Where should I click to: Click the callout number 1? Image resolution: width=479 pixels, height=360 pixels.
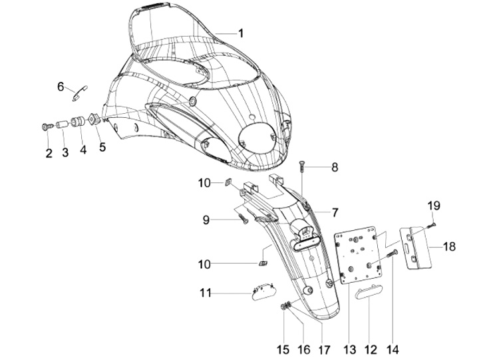click(x=241, y=33)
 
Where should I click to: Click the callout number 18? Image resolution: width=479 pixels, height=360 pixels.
click(x=449, y=246)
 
